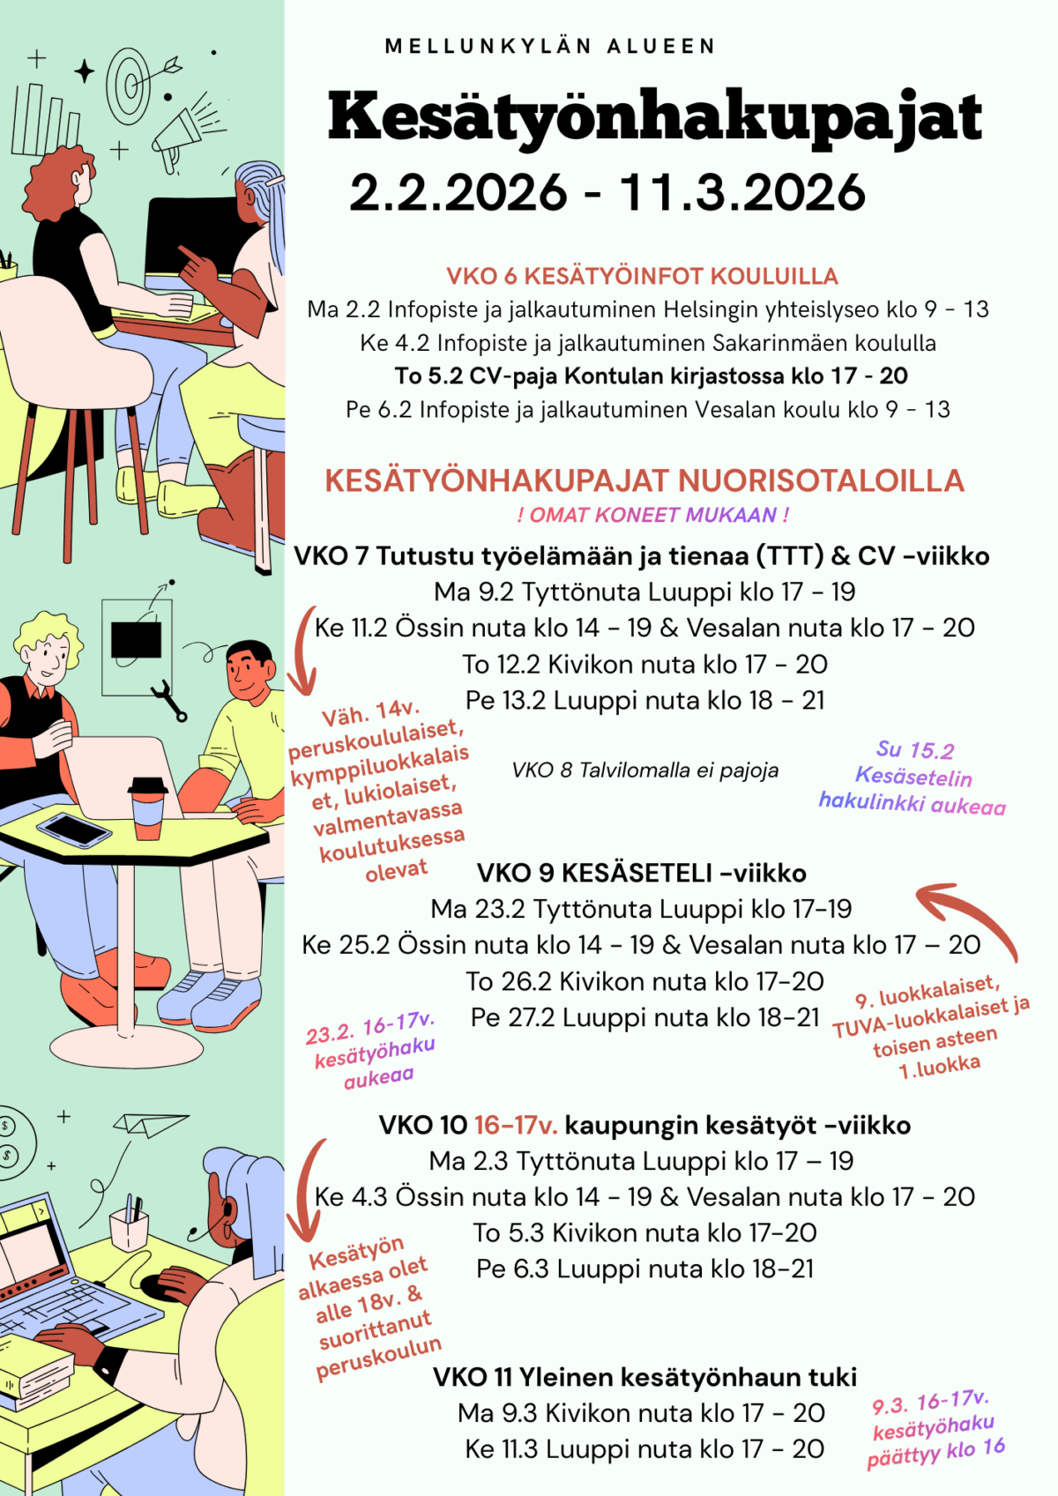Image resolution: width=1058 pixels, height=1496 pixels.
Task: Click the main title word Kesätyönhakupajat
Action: click(654, 117)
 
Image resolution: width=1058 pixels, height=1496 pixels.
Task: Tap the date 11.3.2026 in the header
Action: click(742, 193)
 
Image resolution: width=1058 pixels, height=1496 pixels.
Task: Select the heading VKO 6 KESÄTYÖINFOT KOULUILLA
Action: click(642, 276)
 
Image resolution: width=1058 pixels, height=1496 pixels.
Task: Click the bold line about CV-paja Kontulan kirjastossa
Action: click(651, 376)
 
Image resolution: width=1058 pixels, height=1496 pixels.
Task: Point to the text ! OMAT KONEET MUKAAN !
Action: click(652, 515)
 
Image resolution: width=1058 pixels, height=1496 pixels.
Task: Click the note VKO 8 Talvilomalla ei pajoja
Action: click(644, 770)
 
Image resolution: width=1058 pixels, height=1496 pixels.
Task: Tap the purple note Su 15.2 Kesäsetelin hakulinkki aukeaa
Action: click(913, 777)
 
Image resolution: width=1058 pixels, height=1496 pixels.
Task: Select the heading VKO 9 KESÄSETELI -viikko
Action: click(641, 873)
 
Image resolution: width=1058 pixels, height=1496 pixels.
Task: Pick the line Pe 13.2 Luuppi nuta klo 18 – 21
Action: click(644, 701)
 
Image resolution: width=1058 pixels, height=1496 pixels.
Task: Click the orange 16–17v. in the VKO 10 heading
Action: click(516, 1126)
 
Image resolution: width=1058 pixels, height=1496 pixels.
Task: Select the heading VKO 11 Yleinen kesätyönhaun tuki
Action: click(644, 1377)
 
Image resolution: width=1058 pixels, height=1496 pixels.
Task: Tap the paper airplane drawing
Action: click(151, 1124)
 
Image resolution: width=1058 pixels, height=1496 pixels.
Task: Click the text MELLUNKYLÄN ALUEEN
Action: click(550, 47)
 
